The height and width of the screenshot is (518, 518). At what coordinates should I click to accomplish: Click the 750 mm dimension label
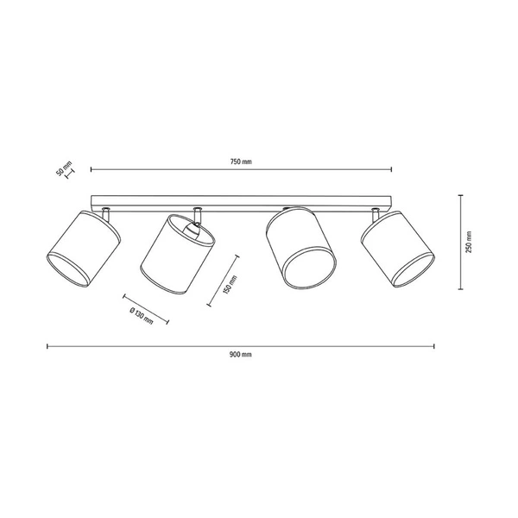(x=241, y=161)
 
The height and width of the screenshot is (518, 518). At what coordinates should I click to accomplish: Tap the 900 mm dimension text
(x=241, y=354)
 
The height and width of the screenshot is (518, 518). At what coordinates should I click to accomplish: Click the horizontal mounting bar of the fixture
(x=241, y=200)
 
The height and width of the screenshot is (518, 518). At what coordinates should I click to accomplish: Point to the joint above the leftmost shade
(x=105, y=211)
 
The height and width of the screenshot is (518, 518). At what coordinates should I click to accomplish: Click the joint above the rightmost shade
(x=376, y=211)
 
